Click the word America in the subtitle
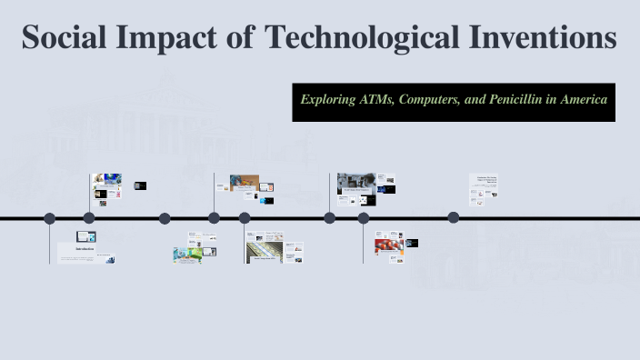(x=584, y=99)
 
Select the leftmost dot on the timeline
(x=50, y=218)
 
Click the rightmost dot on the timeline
(x=454, y=217)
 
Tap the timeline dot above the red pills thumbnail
(x=364, y=218)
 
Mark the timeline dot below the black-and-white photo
(x=329, y=218)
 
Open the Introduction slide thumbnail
(x=86, y=253)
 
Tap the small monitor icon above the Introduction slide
(x=85, y=236)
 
